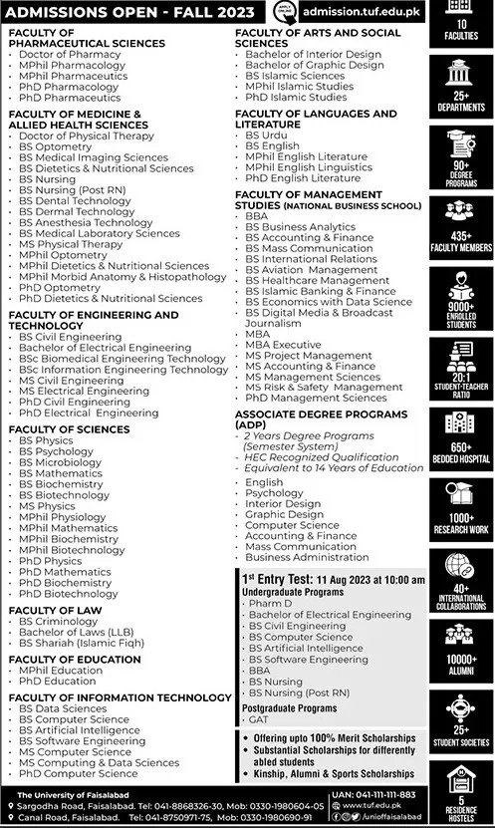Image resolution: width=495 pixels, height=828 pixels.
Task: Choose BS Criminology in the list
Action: [59, 622]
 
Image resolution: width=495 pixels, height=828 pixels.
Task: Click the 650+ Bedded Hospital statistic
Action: [462, 452]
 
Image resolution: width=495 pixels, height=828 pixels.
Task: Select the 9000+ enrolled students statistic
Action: [462, 309]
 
